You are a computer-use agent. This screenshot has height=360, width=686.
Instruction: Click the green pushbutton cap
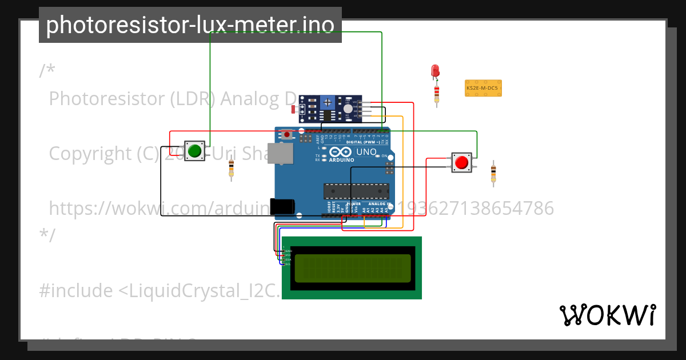click(195, 151)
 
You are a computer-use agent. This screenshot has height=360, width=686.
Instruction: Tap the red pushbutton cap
click(461, 163)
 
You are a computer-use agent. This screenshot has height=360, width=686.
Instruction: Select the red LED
click(435, 71)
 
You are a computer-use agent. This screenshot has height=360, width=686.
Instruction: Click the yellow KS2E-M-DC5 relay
click(483, 88)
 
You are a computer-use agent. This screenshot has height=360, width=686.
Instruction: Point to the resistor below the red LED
click(437, 93)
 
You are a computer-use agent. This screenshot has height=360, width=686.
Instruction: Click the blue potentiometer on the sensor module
click(328, 102)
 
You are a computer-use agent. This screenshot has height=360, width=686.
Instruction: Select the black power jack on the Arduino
click(283, 206)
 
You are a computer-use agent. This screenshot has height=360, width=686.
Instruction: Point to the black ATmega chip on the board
click(356, 191)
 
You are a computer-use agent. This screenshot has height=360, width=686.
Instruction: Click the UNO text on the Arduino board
click(366, 152)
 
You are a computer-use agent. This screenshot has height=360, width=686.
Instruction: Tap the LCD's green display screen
click(352, 268)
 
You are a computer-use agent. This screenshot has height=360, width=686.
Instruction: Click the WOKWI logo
click(607, 315)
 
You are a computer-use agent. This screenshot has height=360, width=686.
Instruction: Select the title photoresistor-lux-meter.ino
click(190, 25)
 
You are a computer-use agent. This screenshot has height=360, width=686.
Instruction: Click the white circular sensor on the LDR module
click(348, 108)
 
